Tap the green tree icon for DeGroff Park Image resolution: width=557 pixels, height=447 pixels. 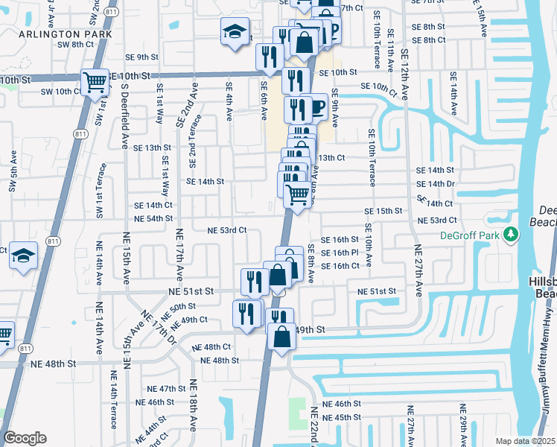(510, 235)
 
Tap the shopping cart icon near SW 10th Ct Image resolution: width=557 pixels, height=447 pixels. (95, 82)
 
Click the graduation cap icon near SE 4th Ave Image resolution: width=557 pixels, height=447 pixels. (235, 32)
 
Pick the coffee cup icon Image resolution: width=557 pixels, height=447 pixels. (318, 107)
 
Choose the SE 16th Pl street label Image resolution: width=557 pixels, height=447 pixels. (340, 253)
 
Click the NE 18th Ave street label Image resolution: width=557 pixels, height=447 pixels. (192, 407)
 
